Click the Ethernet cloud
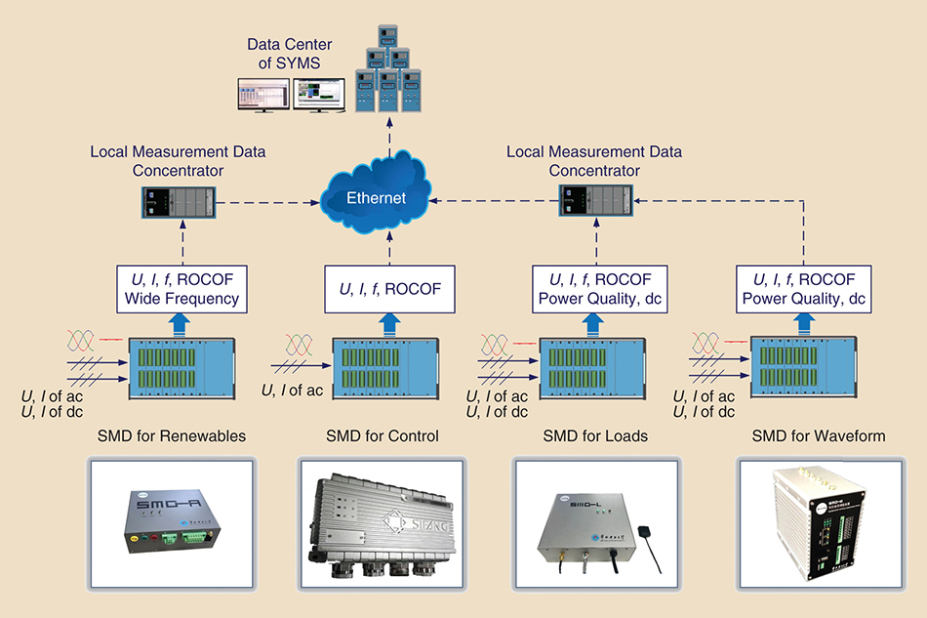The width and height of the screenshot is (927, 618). (x=375, y=199)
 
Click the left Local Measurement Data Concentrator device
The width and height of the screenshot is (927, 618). (x=176, y=203)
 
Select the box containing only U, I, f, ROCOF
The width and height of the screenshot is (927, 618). (x=390, y=289)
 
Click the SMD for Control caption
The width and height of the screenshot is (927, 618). (x=383, y=435)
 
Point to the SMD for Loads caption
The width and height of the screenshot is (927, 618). (x=595, y=435)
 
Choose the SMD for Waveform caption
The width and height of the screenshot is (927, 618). (x=818, y=435)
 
